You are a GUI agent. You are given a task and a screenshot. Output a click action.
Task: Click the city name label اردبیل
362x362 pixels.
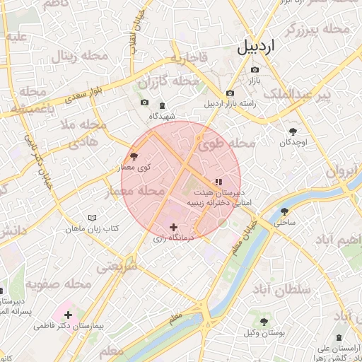259,47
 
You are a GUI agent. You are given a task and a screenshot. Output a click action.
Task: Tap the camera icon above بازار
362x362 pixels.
255,70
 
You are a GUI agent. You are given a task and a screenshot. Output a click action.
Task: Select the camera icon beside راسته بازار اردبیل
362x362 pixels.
230,93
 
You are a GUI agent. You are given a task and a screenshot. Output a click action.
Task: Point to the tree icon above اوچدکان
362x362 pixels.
293,131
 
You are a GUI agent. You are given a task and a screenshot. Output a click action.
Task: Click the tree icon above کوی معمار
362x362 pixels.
134,156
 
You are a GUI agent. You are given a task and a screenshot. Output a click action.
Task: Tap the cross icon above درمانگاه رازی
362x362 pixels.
174,227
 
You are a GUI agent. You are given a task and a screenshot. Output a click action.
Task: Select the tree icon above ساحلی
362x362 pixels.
284,211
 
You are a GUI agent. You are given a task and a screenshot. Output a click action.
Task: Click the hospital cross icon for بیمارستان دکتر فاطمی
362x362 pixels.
68,314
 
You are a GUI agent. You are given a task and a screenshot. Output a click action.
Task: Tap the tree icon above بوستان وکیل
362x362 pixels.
264,322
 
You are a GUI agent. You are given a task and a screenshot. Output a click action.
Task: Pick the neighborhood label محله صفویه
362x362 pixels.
59,284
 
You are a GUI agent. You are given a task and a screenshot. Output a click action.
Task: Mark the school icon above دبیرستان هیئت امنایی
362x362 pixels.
218,182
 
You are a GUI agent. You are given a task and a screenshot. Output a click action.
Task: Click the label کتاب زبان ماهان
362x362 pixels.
92,229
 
